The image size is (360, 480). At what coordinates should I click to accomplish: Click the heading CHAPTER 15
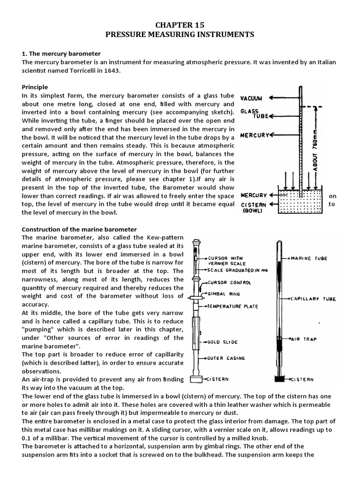tap(180, 25)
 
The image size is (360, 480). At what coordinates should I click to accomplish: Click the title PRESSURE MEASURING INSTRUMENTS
tap(180, 35)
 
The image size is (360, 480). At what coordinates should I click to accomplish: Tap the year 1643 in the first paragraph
tap(111, 71)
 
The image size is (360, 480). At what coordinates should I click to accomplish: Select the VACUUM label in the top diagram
tap(251, 98)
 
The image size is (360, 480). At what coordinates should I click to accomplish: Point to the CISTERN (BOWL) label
tap(254, 207)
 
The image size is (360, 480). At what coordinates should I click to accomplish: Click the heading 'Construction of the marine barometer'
tap(79, 229)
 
